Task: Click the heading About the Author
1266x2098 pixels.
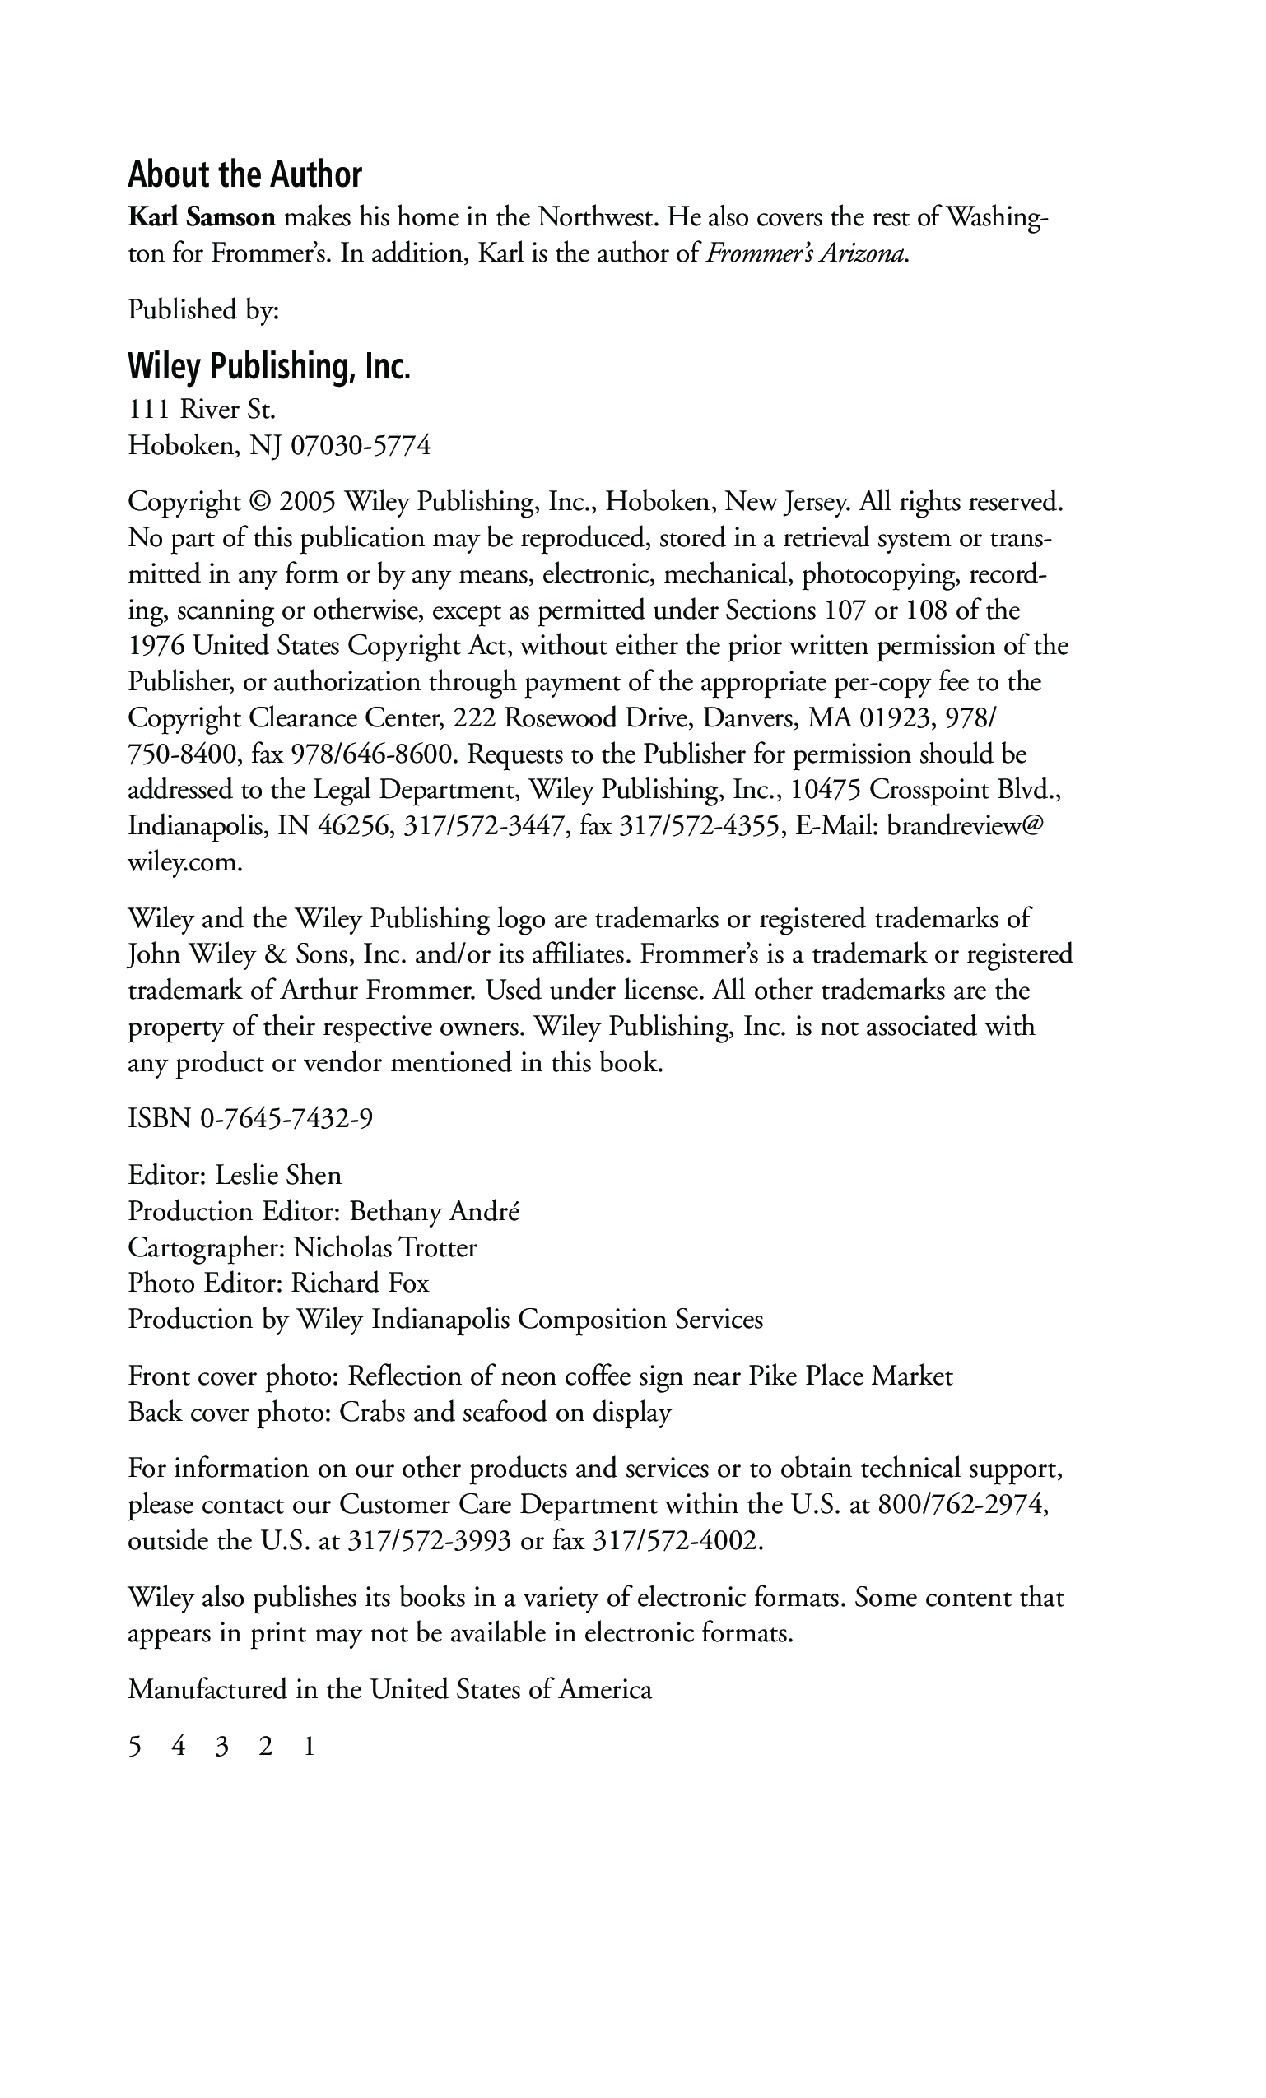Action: click(244, 174)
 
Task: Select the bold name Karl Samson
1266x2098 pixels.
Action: click(202, 218)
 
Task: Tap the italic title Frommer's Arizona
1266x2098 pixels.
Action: click(805, 253)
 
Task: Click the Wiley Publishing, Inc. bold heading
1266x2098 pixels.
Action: click(269, 366)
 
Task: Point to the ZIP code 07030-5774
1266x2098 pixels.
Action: click(361, 446)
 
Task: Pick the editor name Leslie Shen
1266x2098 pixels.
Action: click(277, 1175)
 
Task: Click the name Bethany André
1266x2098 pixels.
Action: click(435, 1212)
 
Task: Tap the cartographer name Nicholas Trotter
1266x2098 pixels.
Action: click(385, 1247)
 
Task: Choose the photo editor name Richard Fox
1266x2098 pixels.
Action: click(361, 1283)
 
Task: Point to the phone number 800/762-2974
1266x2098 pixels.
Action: click(962, 1505)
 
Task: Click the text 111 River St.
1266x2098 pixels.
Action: click(202, 411)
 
